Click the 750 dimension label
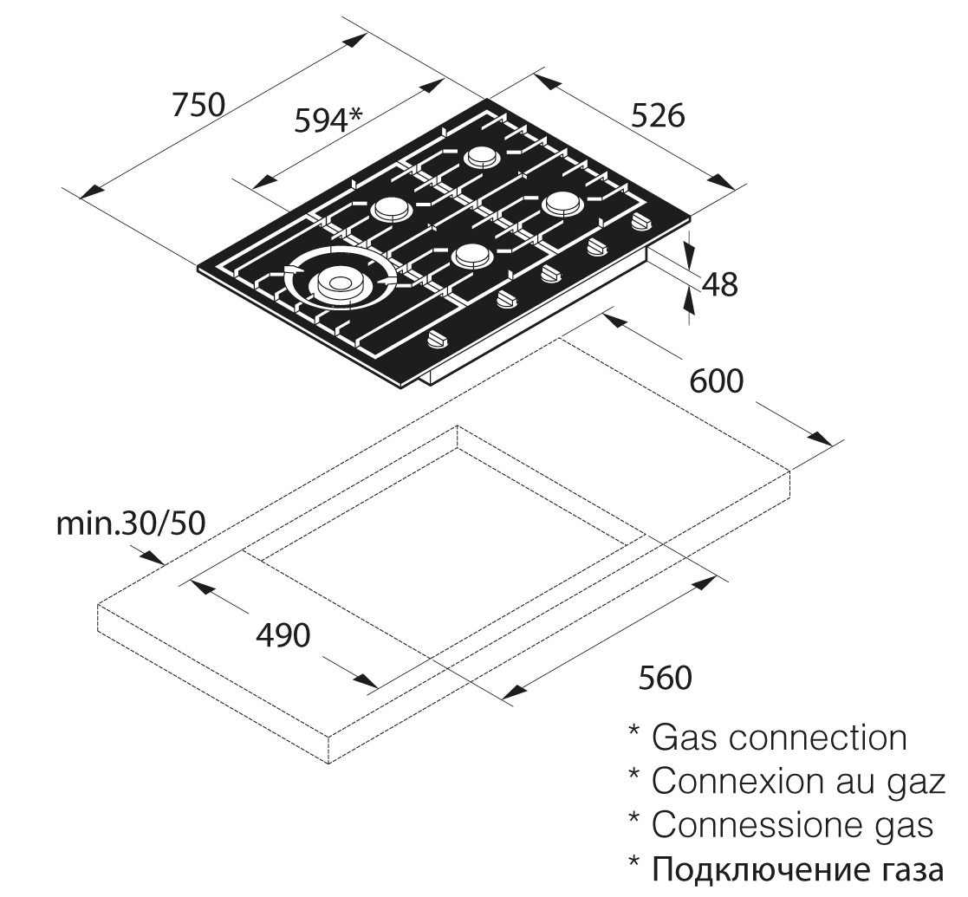(x=198, y=105)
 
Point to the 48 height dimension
(x=720, y=283)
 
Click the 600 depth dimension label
(x=716, y=381)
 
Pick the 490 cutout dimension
(x=283, y=635)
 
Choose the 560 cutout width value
(x=666, y=678)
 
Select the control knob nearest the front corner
(x=436, y=340)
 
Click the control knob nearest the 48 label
(x=640, y=222)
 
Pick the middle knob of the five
(x=549, y=274)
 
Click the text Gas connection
(x=778, y=738)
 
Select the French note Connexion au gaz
(x=796, y=781)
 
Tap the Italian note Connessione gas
(x=792, y=824)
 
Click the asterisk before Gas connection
(x=634, y=732)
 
